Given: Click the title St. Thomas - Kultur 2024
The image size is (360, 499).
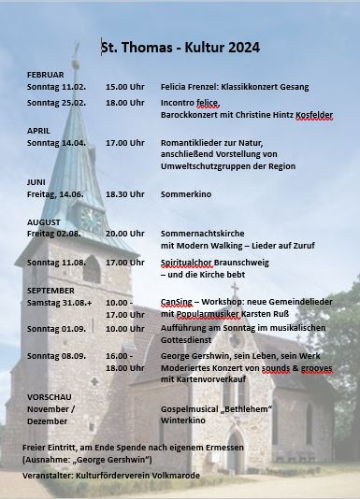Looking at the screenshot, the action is [x=180, y=47].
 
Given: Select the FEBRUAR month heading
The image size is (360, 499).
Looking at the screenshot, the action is [x=46, y=74].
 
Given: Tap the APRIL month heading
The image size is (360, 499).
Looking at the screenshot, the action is [x=38, y=130].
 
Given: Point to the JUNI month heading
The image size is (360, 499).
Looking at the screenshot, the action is [x=36, y=181].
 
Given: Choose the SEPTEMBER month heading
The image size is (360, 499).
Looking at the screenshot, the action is [x=51, y=291].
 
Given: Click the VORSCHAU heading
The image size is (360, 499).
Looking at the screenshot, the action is [x=49, y=397].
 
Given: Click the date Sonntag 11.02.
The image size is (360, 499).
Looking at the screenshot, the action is [x=56, y=87].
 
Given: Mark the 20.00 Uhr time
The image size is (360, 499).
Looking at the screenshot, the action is [x=124, y=233].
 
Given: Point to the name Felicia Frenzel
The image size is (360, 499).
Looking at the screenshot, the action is [x=187, y=87].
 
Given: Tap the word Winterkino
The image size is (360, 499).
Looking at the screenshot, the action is [x=180, y=421].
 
